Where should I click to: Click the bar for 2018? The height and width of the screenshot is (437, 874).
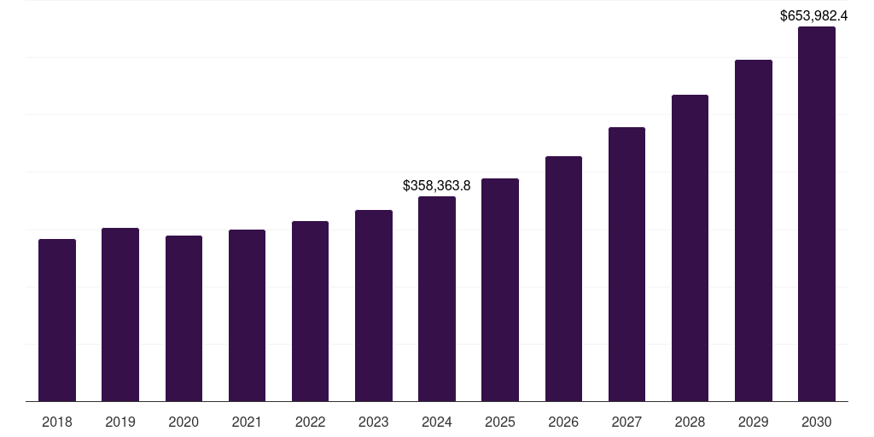(57, 320)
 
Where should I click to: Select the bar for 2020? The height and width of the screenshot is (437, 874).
(184, 318)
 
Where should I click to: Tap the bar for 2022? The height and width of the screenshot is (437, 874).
(310, 312)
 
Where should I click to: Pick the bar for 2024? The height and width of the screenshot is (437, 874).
(437, 299)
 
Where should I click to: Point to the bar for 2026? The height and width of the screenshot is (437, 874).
(563, 279)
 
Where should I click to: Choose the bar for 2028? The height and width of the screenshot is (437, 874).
(690, 248)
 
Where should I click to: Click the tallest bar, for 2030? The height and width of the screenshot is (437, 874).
(816, 213)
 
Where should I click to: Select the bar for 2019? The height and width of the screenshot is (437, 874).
(120, 314)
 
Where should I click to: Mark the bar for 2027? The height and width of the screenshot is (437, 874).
(626, 265)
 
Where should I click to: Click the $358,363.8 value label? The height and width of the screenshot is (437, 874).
(437, 185)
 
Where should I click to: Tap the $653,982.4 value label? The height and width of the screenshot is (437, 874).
(814, 15)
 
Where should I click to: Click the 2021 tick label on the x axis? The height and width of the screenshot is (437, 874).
(247, 422)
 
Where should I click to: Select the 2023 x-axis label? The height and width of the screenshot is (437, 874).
(373, 422)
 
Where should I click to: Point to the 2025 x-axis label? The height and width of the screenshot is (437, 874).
(500, 422)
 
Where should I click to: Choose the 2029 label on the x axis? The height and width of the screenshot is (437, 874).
(753, 422)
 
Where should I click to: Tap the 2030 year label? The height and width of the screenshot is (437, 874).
(816, 422)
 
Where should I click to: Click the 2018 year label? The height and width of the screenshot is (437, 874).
(57, 422)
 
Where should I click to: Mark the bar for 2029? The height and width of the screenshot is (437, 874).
(753, 230)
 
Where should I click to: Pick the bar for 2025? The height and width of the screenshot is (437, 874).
(500, 290)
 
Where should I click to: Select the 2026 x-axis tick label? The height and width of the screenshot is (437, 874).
(563, 422)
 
